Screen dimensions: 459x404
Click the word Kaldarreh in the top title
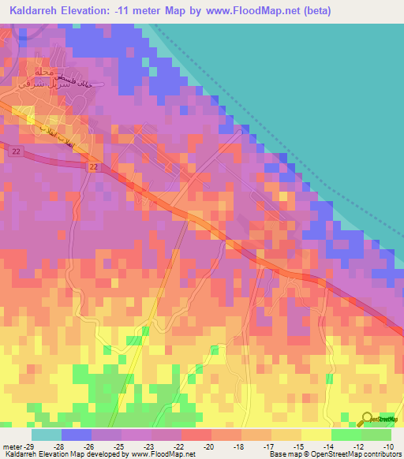[39, 10]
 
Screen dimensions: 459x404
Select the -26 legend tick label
[99, 446]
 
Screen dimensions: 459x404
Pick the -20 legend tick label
[208, 446]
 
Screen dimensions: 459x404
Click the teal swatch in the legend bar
[47, 435]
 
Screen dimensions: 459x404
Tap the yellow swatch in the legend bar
[316, 435]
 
